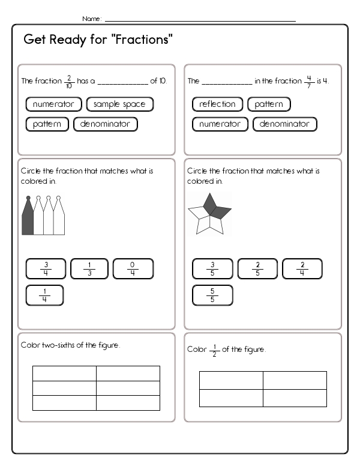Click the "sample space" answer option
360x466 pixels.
point(119,104)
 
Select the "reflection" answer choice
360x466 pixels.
point(217,104)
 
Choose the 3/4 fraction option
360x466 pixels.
point(46,268)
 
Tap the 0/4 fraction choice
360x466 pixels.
point(133,268)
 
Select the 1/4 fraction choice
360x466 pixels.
point(44,295)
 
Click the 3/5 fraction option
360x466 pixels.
point(212,268)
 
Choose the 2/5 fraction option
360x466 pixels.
point(257,268)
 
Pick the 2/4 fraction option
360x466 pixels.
point(302,268)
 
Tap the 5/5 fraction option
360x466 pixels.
point(212,295)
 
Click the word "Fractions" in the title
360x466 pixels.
point(143,40)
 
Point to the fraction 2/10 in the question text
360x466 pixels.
point(70,81)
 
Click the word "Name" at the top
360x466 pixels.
point(91,19)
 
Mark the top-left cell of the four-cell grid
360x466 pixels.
point(231,380)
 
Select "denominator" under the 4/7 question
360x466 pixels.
point(284,124)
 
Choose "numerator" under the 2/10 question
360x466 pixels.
point(53,104)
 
